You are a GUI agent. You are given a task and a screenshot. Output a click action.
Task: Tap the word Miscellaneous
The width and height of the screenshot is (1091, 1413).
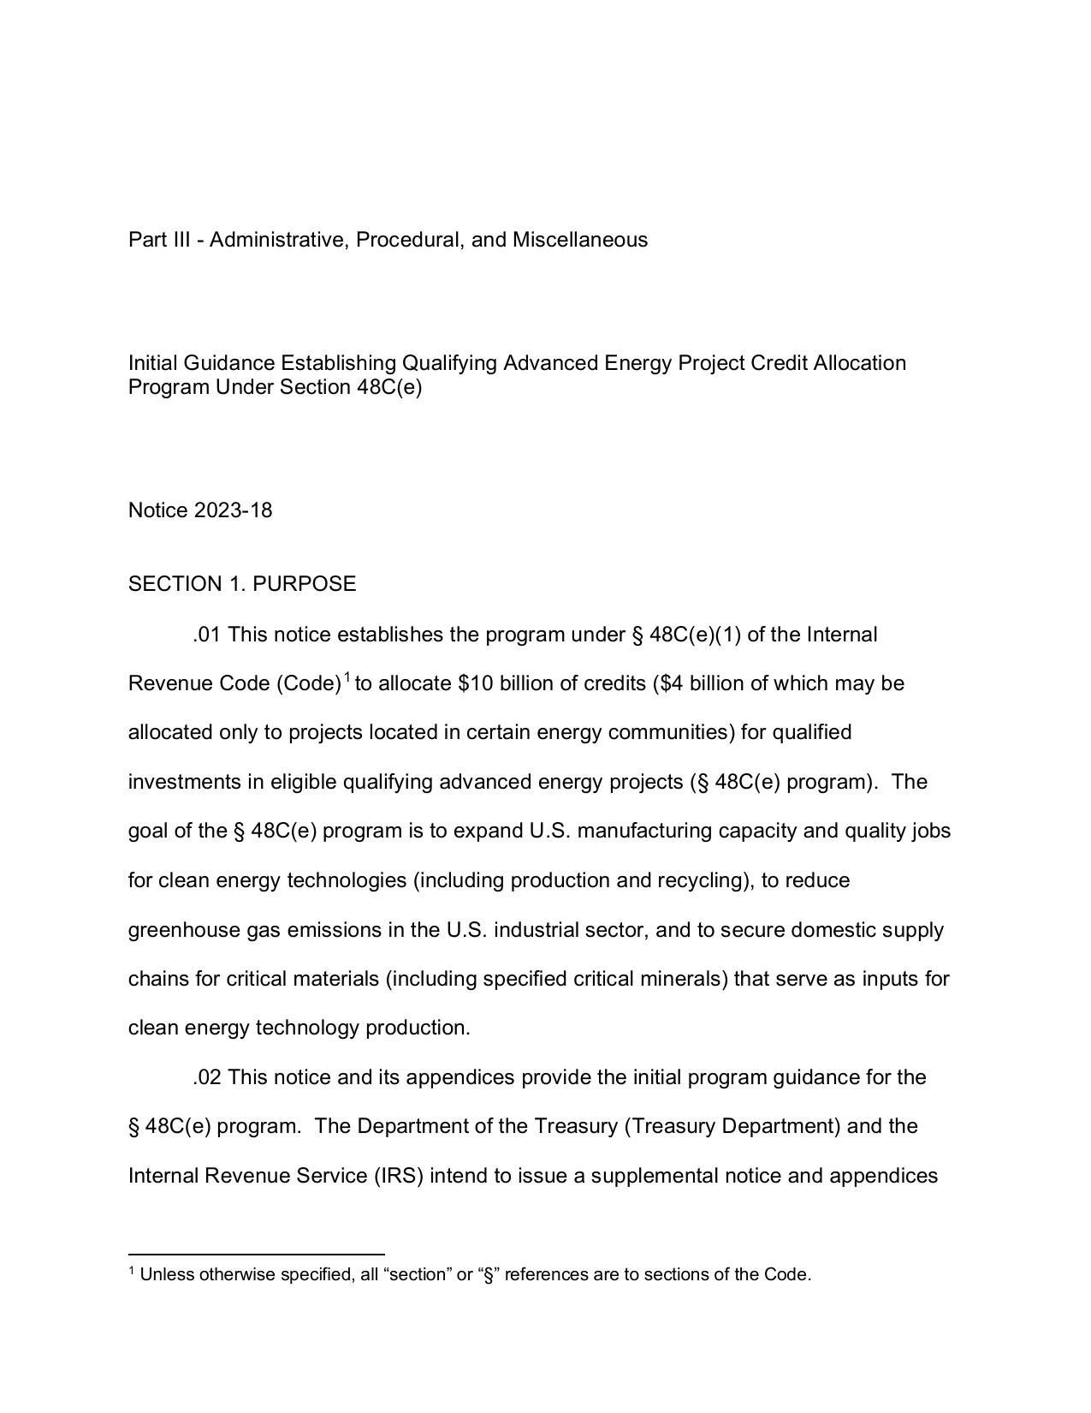point(579,240)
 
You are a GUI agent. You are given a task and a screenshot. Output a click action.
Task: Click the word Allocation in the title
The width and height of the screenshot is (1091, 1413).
point(859,363)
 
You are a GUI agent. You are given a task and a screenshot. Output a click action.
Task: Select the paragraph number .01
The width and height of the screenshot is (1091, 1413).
point(207,635)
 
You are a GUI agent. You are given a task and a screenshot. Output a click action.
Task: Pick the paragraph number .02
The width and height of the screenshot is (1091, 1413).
point(207,1077)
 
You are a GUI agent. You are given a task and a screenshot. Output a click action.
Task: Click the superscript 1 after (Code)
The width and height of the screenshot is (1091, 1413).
point(347,679)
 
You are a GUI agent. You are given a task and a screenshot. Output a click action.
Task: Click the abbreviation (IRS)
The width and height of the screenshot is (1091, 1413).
point(398,1176)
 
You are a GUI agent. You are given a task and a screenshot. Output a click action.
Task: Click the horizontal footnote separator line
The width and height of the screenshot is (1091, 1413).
point(256,1254)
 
